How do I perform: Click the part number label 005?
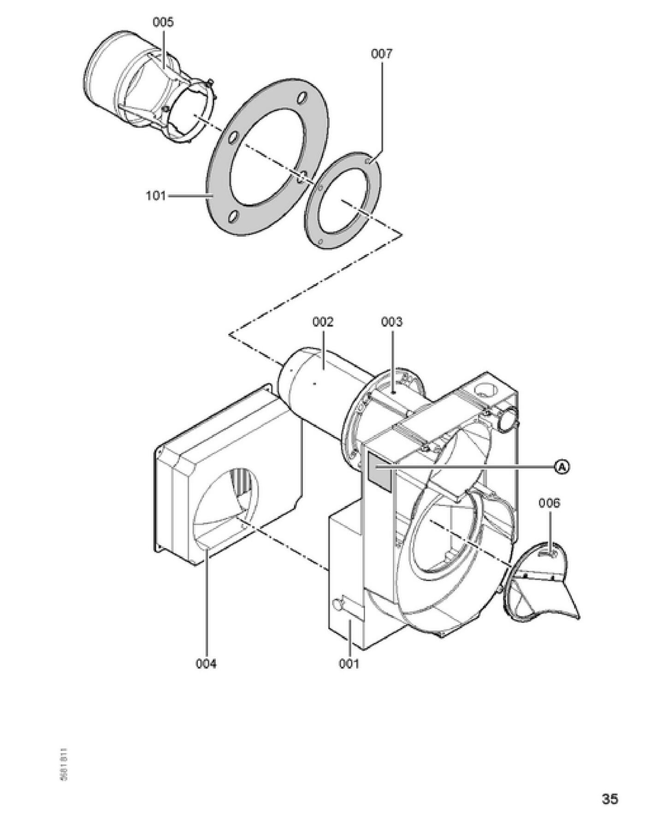point(163,22)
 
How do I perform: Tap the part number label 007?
point(382,54)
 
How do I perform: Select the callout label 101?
point(156,196)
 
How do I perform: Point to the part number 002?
point(322,322)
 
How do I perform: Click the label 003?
point(391,322)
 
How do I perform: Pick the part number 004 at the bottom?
point(206,664)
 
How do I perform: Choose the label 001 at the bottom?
point(349,664)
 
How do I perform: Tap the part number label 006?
point(549,503)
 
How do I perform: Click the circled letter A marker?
point(561,467)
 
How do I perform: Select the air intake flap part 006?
point(544,585)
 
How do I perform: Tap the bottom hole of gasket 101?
point(235,216)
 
